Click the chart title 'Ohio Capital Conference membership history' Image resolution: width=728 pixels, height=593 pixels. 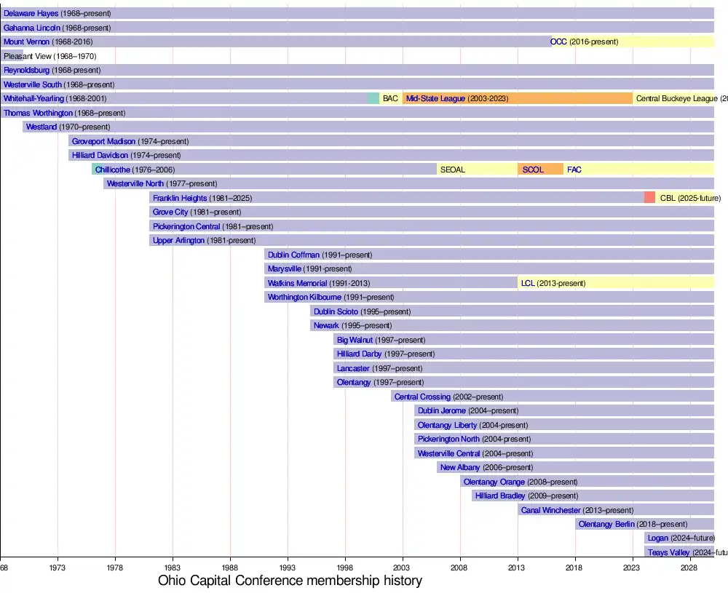[290, 581]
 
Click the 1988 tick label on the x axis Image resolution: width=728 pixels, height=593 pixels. [230, 566]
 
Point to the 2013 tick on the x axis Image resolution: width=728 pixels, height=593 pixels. [518, 566]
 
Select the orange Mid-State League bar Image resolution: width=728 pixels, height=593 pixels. [517, 98]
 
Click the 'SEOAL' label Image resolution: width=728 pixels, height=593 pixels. [452, 170]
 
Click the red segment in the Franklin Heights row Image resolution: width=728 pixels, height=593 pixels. [649, 198]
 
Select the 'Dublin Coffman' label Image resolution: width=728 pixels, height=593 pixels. [293, 255]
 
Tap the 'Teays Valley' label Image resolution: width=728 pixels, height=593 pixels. [668, 553]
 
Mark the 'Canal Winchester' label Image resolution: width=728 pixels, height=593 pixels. [551, 510]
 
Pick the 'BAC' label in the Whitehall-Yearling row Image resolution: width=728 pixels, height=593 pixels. [390, 98]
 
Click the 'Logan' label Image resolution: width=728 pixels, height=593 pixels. [657, 538]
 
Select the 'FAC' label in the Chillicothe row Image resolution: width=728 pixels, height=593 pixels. [574, 170]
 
